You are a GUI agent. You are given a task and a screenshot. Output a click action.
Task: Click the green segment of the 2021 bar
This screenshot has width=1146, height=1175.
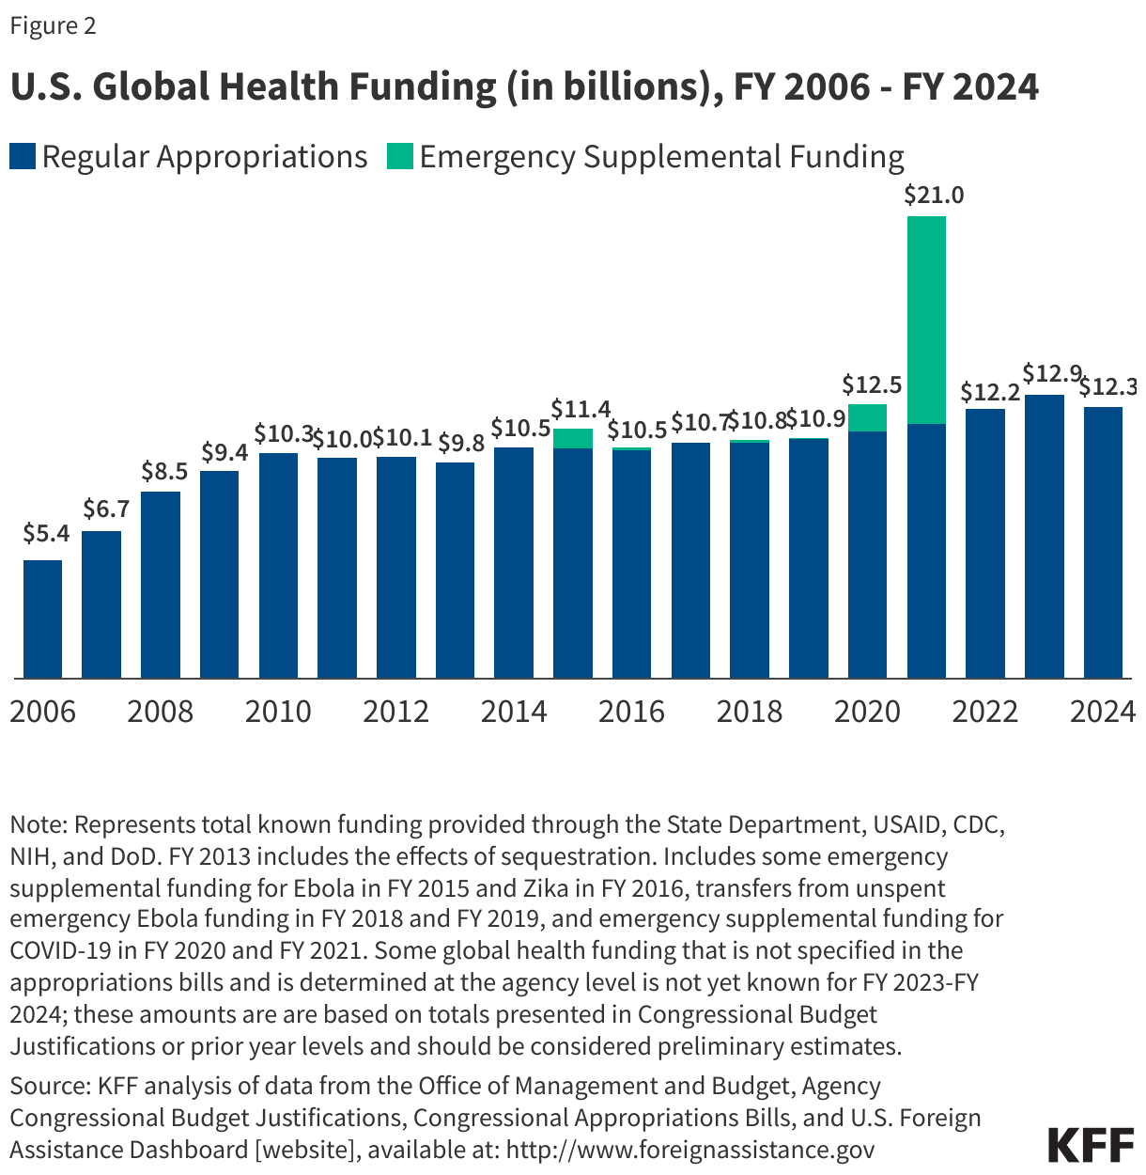tap(926, 320)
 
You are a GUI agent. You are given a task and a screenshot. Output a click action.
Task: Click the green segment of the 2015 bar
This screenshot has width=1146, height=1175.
tap(573, 438)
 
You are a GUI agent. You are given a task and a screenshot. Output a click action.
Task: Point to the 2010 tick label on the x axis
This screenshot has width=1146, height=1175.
tap(278, 712)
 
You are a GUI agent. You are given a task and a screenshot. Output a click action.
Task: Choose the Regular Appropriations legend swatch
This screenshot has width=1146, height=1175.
tap(23, 156)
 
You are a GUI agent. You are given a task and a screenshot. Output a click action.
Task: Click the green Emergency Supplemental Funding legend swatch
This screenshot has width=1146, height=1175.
tap(400, 156)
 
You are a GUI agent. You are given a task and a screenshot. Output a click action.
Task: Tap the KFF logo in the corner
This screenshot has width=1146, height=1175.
tap(1091, 1144)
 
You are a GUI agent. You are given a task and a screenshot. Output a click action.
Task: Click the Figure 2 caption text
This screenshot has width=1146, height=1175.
tap(53, 25)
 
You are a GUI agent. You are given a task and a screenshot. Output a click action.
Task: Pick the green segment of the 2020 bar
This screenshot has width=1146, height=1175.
tap(867, 417)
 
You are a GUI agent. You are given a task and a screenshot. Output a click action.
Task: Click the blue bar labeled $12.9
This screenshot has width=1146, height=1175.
tap(1044, 536)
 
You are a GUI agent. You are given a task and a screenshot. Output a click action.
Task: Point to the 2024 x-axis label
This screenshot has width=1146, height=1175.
tap(1103, 712)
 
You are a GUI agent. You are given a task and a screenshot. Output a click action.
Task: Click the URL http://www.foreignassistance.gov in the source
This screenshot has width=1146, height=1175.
tap(690, 1149)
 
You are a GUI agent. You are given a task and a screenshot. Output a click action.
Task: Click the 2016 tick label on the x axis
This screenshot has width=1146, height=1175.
tap(631, 712)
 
